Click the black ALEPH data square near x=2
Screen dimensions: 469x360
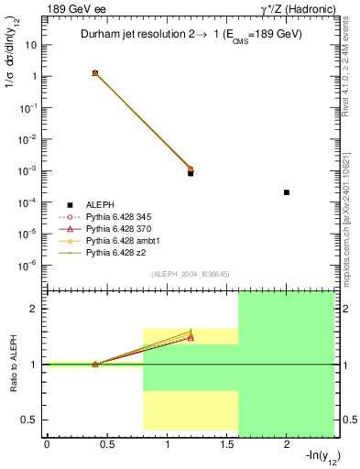(x=287, y=192)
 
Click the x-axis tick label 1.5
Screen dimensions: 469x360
(x=227, y=445)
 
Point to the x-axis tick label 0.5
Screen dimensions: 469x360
(x=107, y=445)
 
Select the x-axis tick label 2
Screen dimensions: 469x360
(x=287, y=445)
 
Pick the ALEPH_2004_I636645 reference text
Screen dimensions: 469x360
(x=190, y=273)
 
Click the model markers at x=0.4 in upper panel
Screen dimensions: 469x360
(x=95, y=72)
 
